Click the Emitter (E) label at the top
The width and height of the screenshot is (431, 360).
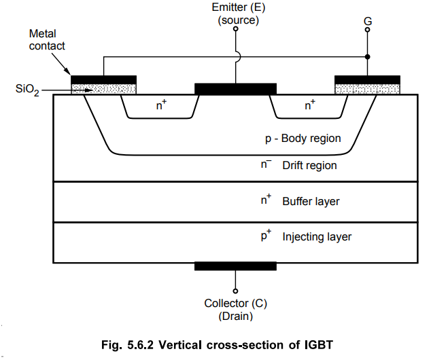click(x=235, y=8)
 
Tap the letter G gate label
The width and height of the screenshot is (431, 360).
click(x=367, y=22)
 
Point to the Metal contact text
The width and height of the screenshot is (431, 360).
click(x=47, y=39)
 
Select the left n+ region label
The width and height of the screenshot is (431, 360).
click(x=162, y=105)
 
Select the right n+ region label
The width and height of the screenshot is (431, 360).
click(x=309, y=105)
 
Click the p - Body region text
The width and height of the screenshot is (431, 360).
click(x=303, y=139)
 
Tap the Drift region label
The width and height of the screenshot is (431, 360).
click(x=309, y=165)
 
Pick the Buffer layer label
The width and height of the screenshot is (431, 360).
click(x=310, y=201)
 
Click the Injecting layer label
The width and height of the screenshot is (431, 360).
click(x=317, y=237)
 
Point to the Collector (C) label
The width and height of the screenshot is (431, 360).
click(x=235, y=303)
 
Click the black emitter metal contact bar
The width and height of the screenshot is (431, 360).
click(x=235, y=88)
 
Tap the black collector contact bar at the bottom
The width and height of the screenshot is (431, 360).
click(x=235, y=266)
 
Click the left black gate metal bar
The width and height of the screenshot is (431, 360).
click(x=104, y=79)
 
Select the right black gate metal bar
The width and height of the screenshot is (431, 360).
click(x=367, y=79)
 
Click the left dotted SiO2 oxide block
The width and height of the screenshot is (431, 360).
click(x=104, y=88)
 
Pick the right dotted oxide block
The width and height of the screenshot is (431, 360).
click(x=367, y=88)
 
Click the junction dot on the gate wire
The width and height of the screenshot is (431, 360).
click(x=367, y=57)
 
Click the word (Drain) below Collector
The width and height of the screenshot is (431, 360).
click(x=235, y=317)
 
